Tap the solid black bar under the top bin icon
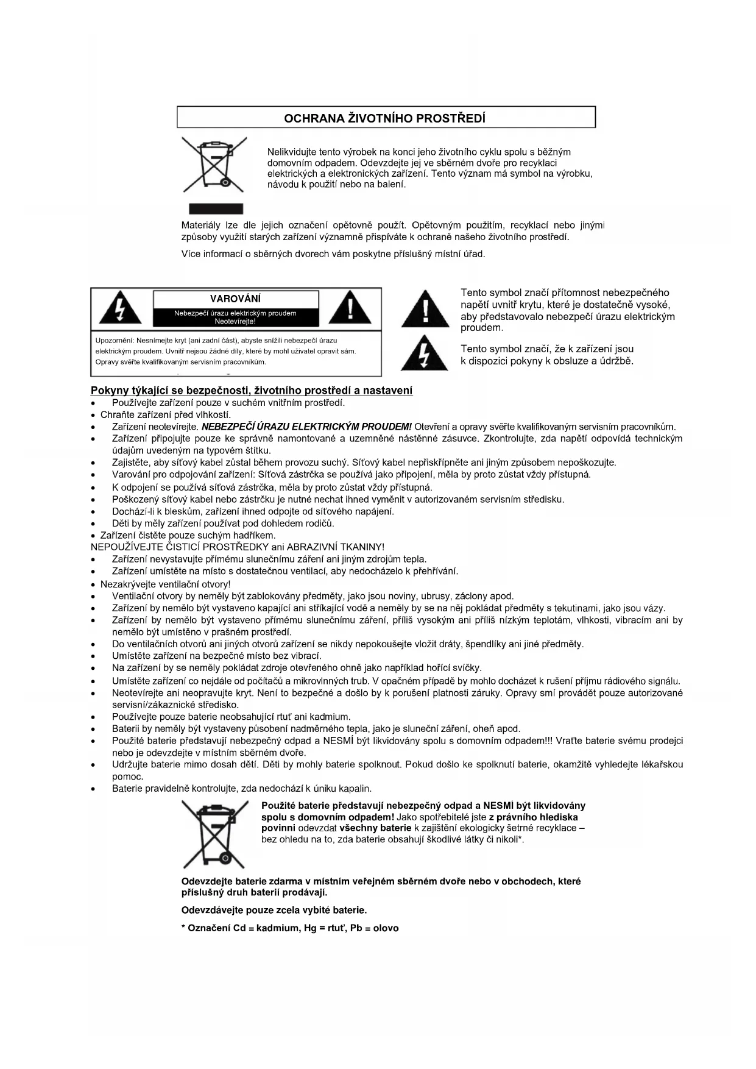[216, 209]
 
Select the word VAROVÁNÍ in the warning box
[235, 299]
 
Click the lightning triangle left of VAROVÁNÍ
[121, 308]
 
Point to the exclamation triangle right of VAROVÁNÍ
[350, 308]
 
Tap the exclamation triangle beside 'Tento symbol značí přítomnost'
[426, 310]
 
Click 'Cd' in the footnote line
[239, 928]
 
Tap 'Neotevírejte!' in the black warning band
[235, 321]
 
